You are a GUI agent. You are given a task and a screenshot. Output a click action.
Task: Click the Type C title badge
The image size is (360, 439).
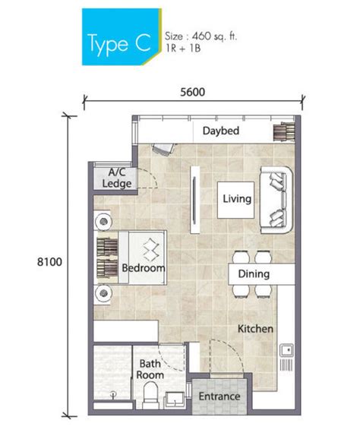coord(122,36)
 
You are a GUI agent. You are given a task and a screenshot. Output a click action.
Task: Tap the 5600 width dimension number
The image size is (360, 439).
coord(193,92)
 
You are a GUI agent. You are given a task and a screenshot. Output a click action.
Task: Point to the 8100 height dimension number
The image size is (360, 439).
coord(49,262)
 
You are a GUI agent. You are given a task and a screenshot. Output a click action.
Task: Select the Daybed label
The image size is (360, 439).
coord(221,131)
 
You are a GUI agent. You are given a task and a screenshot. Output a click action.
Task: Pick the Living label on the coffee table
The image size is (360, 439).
coord(237,199)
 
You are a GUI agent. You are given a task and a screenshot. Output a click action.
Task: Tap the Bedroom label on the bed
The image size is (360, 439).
coord(144,268)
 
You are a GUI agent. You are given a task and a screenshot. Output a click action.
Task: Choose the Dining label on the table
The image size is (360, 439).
coord(254,274)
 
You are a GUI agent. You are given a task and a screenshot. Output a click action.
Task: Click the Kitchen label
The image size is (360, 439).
coord(255,329)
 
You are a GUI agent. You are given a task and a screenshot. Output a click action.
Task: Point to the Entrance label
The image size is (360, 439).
coord(219,396)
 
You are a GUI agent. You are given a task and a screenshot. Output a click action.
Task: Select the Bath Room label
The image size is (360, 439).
coord(150,369)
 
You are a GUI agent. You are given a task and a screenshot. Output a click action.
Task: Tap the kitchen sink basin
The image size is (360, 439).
coord(286,351)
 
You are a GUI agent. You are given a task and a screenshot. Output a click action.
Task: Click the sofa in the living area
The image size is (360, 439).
coord(276,200)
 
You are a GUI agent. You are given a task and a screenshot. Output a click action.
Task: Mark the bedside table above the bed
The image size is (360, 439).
coord(103,221)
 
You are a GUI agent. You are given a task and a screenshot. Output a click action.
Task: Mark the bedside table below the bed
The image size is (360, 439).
coord(103,293)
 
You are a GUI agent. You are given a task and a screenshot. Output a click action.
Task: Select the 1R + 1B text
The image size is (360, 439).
coord(183,48)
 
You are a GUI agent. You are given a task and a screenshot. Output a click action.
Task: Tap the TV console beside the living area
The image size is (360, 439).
coord(195,200)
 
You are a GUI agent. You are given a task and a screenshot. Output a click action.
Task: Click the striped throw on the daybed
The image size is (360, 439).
coord(284,131)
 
